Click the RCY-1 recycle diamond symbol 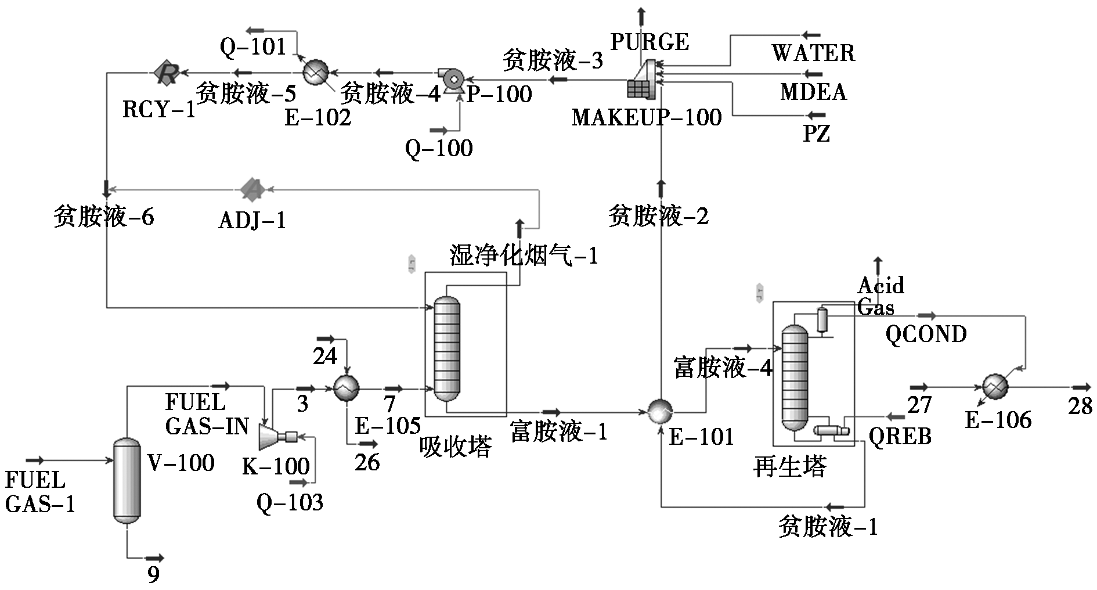coord(167,73)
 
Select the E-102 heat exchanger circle coord(316,73)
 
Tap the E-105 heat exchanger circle coord(347,388)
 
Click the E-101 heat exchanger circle coord(661,412)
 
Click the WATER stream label coord(813,53)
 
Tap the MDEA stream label coord(813,92)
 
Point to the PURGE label coord(650,42)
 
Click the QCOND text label coord(926,334)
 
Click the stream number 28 coord(1080,406)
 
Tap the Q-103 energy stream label coord(290,502)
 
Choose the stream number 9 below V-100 coord(153,575)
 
